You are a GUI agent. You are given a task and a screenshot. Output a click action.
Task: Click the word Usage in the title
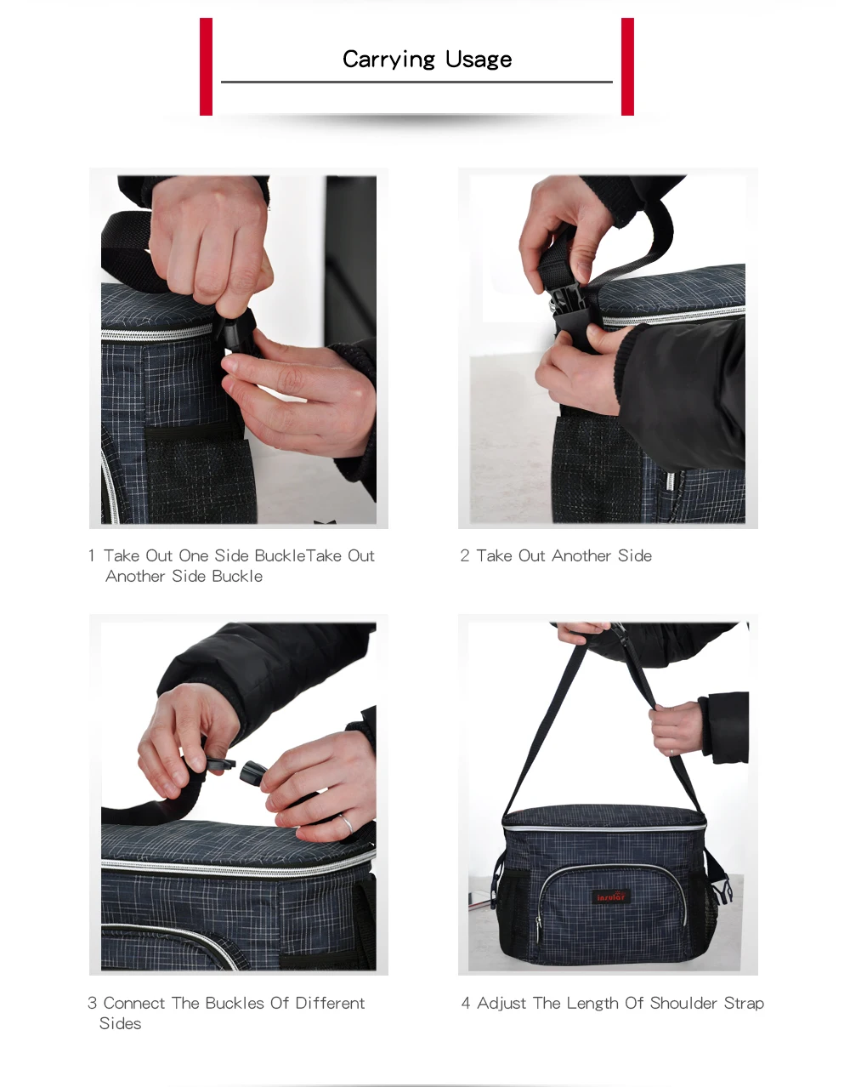point(479,60)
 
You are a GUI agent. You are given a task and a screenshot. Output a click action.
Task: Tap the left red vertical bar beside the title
point(206,66)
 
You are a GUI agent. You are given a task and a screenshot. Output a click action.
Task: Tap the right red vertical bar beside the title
point(627,66)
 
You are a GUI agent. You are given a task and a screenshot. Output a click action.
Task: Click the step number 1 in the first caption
point(91,556)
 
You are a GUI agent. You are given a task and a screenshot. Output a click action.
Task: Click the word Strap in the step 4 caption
point(744,1004)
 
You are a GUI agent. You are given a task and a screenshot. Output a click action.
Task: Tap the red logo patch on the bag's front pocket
point(610,896)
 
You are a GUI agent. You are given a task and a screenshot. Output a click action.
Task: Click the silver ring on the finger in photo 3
point(347,822)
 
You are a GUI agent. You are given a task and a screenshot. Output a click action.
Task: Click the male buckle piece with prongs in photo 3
point(218,762)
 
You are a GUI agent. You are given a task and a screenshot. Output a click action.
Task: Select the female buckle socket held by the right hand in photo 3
point(254,772)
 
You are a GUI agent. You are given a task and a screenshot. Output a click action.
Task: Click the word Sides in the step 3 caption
point(120,1024)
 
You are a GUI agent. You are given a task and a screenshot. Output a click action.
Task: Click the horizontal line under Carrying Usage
point(416,82)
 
